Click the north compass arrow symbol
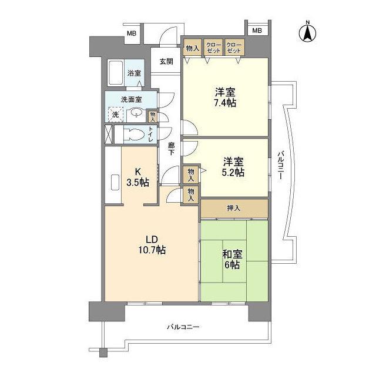point(307,33)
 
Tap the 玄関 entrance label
point(166,62)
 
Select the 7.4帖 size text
point(225,103)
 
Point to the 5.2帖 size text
point(233,172)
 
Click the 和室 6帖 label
point(232,260)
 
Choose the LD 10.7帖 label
point(152,245)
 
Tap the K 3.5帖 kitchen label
point(138,177)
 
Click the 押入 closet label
point(234,208)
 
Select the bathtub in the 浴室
point(116,73)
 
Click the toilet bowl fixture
point(135,135)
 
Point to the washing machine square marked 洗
point(115,115)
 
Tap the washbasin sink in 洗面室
point(136,113)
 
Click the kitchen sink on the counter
point(115,182)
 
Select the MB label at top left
point(132,33)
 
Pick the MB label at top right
point(257,31)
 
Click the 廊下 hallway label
point(171,149)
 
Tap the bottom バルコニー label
point(183,327)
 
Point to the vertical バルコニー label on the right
point(281,164)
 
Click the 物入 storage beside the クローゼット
point(193,48)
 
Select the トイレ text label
point(150,135)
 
